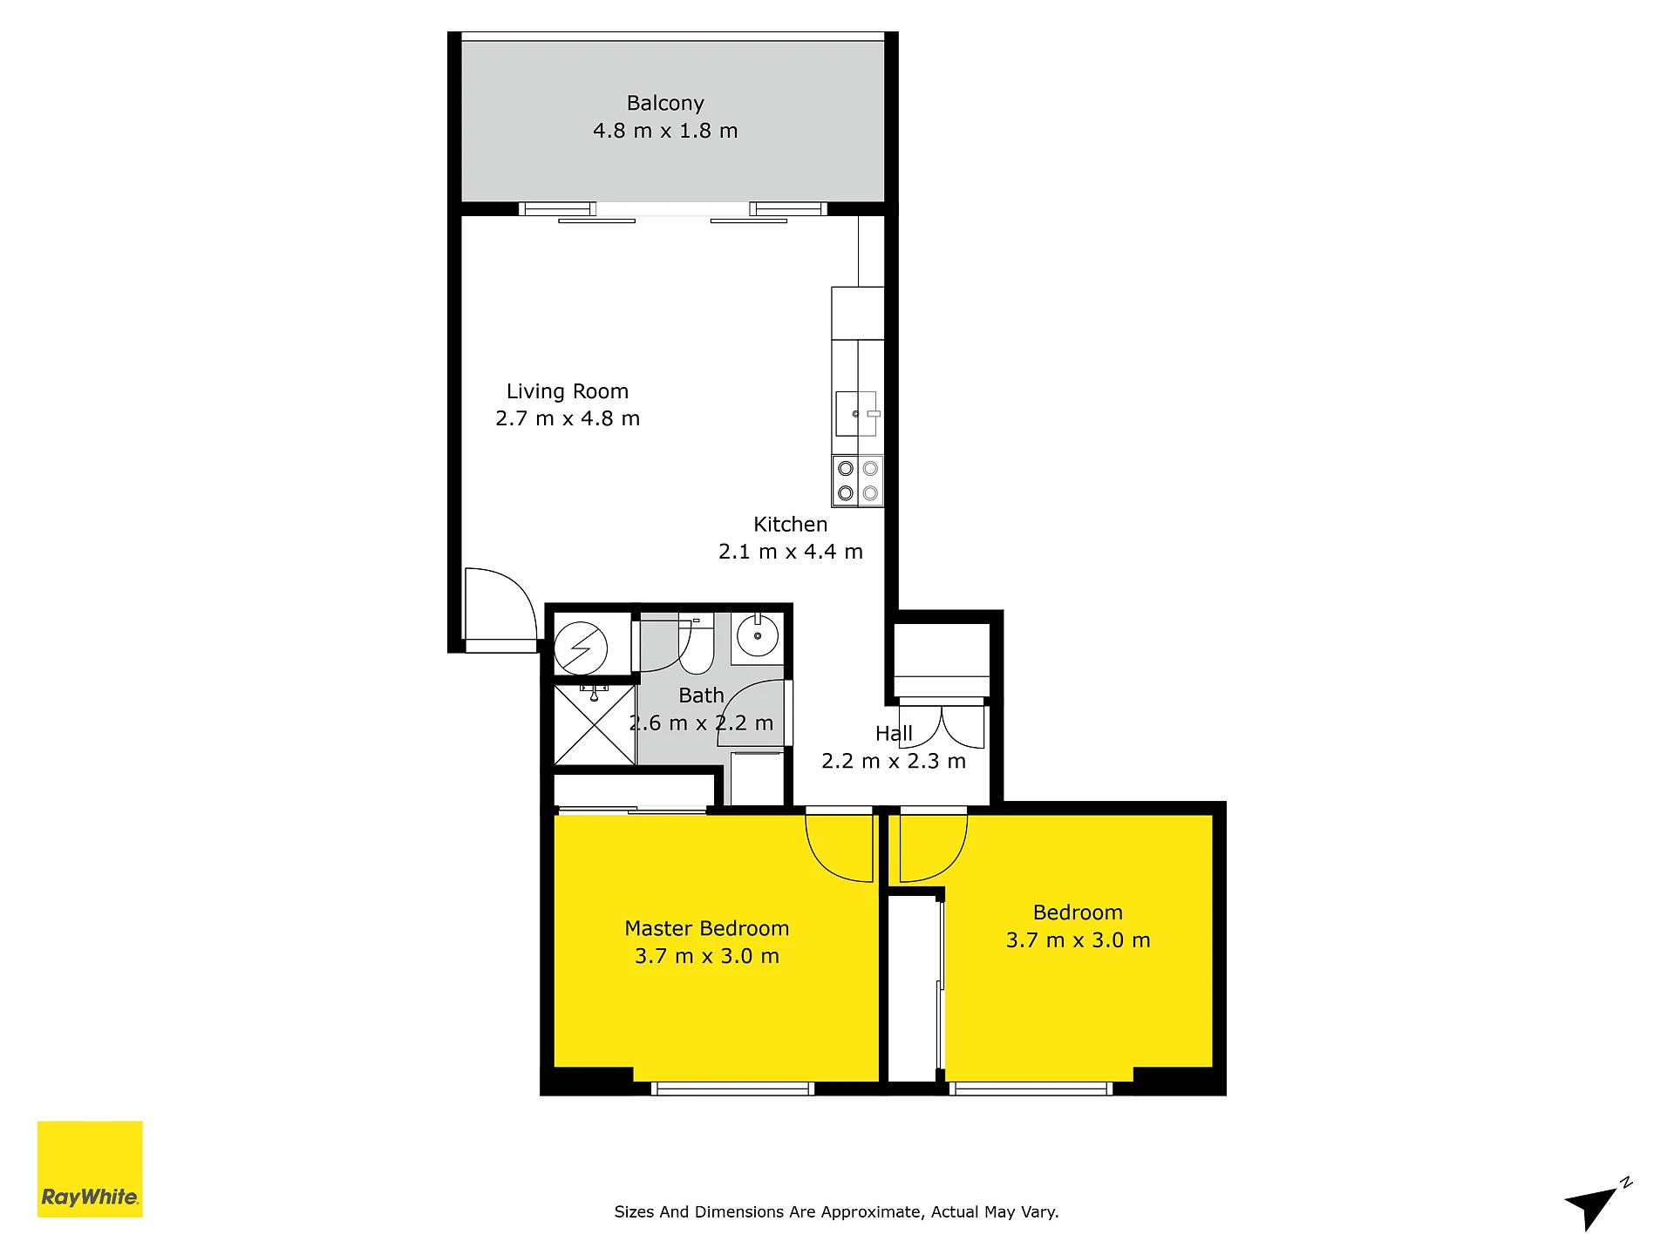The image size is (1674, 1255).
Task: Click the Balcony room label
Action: coord(665,103)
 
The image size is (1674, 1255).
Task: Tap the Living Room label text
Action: coord(568,391)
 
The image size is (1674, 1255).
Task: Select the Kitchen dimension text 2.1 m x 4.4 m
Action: coord(791,552)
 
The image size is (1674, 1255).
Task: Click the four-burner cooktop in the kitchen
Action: coord(858,480)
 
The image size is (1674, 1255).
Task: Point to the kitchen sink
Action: coord(856,414)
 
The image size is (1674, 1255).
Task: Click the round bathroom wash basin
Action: coord(758,635)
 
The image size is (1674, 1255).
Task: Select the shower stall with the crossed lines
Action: coord(595,725)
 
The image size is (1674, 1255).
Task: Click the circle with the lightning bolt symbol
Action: coord(581,648)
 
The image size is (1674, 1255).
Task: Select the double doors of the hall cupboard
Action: coord(942,726)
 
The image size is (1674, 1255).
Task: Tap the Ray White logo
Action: coord(90,1169)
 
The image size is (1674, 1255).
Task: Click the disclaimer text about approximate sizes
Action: coord(836,1212)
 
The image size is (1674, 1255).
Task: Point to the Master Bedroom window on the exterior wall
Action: coord(732,1089)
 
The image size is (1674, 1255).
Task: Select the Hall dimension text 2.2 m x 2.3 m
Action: coord(894,762)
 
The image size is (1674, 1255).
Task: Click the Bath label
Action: coord(701,695)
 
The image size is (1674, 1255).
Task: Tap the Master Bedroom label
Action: coord(707,928)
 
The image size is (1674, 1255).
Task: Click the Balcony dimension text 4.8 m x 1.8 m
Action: coord(665,131)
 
